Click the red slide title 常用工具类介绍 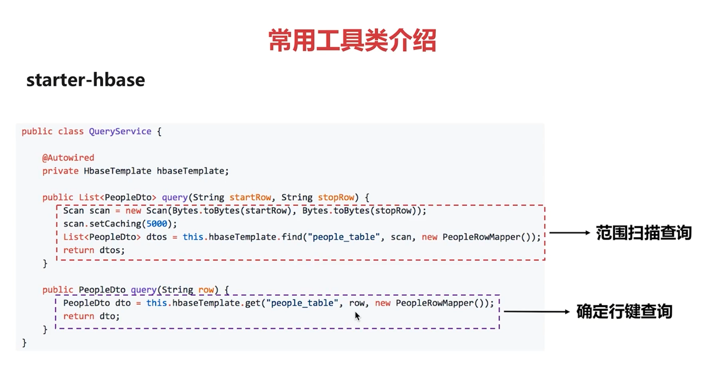[352, 41]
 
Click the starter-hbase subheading [85, 80]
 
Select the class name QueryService [120, 131]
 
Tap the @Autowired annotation [68, 158]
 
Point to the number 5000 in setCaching [157, 224]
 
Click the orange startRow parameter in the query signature [250, 197]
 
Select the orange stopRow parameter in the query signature [336, 197]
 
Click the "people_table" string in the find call [346, 237]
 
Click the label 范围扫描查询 [644, 233]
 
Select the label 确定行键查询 [624, 311]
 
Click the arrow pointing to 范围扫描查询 [569, 233]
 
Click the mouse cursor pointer [357, 316]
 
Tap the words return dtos [94, 250]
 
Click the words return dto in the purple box [91, 316]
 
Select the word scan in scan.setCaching [73, 224]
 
